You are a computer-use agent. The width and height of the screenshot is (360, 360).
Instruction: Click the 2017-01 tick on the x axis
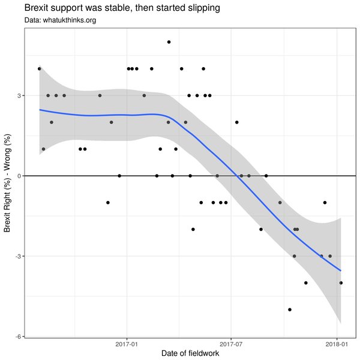(x=127, y=345)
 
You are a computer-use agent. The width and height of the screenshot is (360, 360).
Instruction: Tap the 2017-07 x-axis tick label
(x=232, y=345)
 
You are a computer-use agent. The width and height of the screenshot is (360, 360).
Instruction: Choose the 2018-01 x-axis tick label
(x=337, y=345)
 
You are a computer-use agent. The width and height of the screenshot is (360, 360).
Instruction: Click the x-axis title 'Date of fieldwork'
(x=190, y=354)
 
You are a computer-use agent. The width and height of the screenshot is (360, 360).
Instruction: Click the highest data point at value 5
(x=169, y=42)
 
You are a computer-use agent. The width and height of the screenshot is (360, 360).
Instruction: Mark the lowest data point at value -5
(x=290, y=310)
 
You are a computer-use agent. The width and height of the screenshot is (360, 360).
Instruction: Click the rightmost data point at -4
(x=341, y=283)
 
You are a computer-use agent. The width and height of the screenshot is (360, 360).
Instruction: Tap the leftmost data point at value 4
(x=40, y=68)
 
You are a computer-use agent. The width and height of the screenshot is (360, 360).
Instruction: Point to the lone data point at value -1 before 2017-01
(x=107, y=203)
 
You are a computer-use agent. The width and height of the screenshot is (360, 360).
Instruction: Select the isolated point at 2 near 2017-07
(x=237, y=122)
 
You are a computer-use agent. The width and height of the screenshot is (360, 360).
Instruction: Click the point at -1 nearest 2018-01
(x=325, y=203)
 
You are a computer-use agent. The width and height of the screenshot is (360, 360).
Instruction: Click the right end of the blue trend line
(x=341, y=271)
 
